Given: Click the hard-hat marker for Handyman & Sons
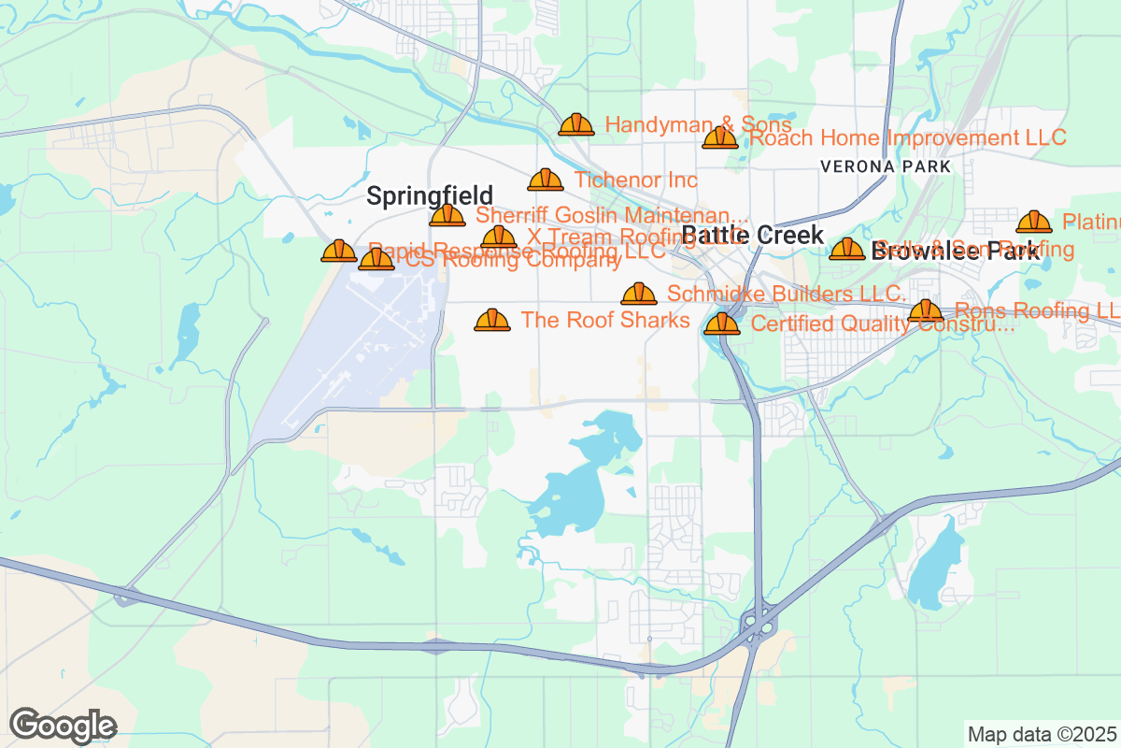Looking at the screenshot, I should (x=575, y=124).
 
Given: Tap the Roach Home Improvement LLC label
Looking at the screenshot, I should (x=908, y=138).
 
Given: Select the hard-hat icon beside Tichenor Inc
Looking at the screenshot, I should (x=546, y=180).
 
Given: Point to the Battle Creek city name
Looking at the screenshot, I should (x=753, y=235).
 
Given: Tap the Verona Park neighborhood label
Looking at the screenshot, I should (x=885, y=166).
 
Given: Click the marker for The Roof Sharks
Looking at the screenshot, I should (x=492, y=321).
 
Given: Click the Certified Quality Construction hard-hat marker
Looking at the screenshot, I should (x=722, y=324).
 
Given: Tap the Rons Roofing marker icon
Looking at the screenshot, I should (x=926, y=311).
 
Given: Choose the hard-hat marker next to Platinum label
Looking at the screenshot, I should (x=1033, y=223).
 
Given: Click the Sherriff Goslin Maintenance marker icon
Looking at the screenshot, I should (x=447, y=216).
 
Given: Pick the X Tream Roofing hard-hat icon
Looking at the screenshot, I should (x=499, y=237).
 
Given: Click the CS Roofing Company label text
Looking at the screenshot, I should (x=513, y=262).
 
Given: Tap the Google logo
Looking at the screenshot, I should (x=64, y=726).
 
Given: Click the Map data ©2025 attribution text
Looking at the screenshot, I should (x=1041, y=734).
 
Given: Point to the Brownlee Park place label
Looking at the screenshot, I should (x=955, y=251).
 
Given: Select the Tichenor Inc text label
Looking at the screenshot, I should (x=635, y=180).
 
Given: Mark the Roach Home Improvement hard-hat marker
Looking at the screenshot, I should (x=720, y=138).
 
